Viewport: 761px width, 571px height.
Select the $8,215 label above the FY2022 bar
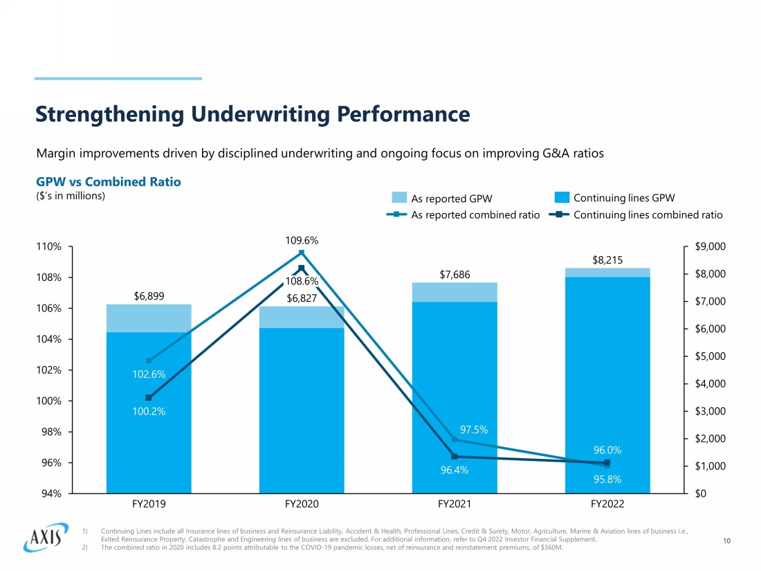coord(607,260)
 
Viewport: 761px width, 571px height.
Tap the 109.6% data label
coord(302,241)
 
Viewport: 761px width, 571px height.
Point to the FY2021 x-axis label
coord(455,504)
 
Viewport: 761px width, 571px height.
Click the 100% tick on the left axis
coord(49,401)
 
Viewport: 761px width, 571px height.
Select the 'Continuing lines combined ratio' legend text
coord(648,215)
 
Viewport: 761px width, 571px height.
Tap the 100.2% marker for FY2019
coord(149,397)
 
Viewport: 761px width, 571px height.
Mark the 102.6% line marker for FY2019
coord(149,361)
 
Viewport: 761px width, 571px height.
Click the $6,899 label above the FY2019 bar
coord(149,296)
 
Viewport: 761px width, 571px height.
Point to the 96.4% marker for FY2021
coord(455,456)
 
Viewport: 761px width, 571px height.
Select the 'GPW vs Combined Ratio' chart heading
coord(108,182)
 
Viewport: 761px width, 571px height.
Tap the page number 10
coord(726,541)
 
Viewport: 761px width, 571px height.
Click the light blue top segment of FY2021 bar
coord(455,292)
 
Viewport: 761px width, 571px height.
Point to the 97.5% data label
coord(474,430)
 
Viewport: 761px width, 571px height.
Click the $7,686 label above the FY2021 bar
coord(455,275)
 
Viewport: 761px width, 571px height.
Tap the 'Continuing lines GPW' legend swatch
coord(562,198)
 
